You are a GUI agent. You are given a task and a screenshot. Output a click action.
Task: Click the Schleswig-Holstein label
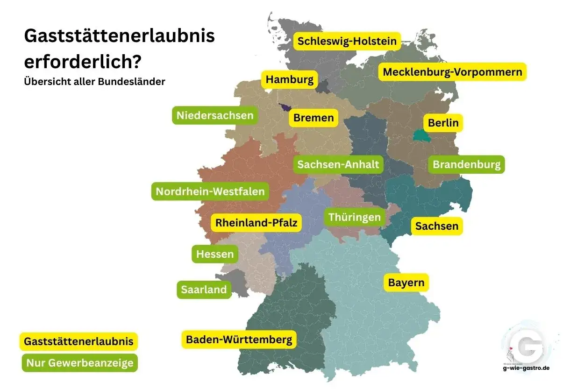pos(347,41)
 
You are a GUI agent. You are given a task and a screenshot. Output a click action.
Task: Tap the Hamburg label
pos(290,80)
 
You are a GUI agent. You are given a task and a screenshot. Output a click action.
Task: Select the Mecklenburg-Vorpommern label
pos(452,72)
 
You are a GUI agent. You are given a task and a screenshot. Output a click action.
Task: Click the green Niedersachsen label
pos(215,115)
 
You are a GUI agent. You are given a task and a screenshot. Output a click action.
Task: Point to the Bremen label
pos(313,118)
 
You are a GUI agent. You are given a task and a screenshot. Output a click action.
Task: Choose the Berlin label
pos(443,123)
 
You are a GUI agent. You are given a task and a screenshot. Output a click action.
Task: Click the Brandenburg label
pos(466,164)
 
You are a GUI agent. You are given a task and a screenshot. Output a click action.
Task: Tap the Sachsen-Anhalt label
pos(338,164)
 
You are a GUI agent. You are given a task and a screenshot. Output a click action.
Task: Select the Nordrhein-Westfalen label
pos(210,191)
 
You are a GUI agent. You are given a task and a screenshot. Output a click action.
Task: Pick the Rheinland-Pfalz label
pos(256,223)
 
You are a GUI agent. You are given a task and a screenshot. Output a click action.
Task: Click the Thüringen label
pos(355,217)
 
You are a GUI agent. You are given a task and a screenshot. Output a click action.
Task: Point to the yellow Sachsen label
pos(437,226)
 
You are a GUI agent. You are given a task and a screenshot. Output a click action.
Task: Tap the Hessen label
pos(215,254)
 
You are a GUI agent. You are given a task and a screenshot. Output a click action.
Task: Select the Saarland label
pos(204,290)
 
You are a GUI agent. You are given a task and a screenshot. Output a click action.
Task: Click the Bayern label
pos(406,283)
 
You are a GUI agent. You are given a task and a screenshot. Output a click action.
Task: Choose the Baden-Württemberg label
pos(239,339)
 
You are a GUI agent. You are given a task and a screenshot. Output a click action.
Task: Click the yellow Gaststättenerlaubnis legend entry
pos(78,341)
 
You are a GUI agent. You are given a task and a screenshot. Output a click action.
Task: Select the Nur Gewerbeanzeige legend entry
pos(80,363)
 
